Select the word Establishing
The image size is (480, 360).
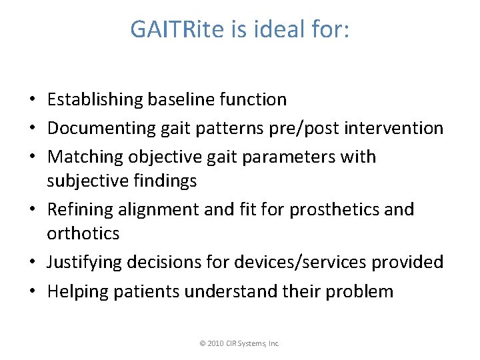pyautogui.click(x=95, y=100)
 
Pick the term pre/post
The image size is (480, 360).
pyautogui.click(x=301, y=128)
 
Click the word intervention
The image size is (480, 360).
pyautogui.click(x=393, y=128)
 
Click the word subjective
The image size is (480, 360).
pyautogui.click(x=89, y=181)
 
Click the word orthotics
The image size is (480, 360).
pyautogui.click(x=83, y=233)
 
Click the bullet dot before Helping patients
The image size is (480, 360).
pyautogui.click(x=32, y=291)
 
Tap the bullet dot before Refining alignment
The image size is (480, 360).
pyautogui.click(x=32, y=209)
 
